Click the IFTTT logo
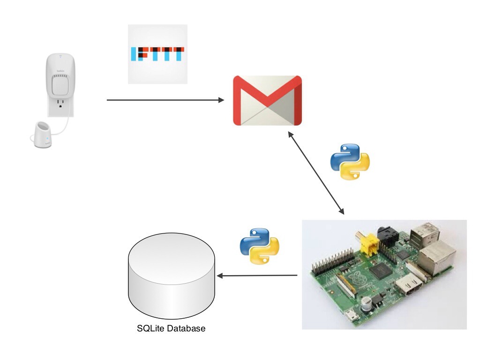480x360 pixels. [157, 55]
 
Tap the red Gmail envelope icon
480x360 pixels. [267, 100]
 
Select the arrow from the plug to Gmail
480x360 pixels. [164, 100]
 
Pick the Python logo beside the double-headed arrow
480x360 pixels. [350, 162]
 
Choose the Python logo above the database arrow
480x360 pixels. [259, 246]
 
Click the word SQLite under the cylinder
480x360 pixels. [150, 329]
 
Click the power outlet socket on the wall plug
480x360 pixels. [60, 105]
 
